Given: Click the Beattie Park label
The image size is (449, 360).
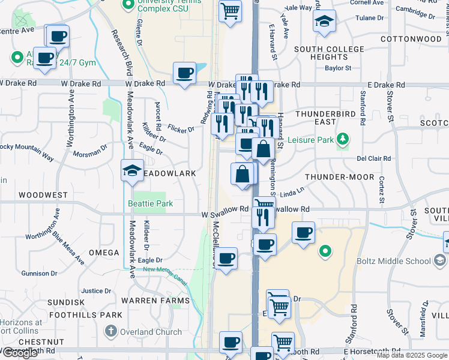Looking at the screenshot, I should click(150, 204).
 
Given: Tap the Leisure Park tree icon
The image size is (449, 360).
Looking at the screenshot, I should click(343, 140).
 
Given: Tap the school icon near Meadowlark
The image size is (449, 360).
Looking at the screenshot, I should click(132, 171).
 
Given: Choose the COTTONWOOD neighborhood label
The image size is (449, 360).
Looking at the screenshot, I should click(411, 39).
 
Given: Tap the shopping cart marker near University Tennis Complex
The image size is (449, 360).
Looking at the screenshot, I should click(231, 11).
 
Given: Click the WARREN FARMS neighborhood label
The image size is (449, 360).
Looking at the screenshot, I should click(155, 301).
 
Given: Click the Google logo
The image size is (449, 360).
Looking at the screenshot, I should click(19, 353).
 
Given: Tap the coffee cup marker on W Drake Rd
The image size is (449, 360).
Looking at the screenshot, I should click(184, 74).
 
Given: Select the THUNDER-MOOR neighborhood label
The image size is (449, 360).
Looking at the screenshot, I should click(339, 178).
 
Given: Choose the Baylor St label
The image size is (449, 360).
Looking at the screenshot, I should click(338, 68).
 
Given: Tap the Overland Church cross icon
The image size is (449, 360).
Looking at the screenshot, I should click(110, 331).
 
